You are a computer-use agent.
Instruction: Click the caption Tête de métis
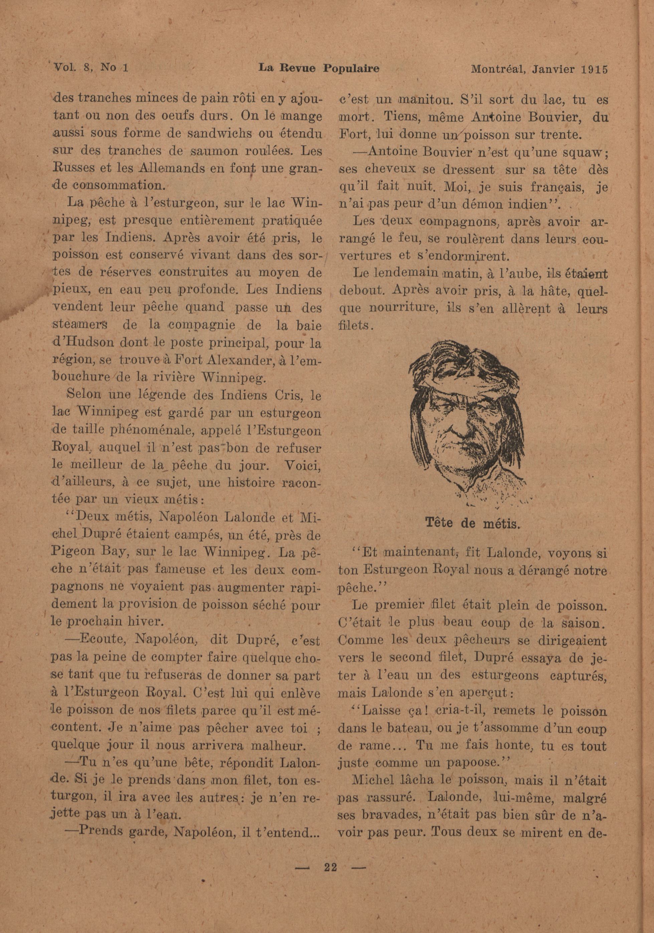pos(473,523)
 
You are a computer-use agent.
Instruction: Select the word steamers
pos(80,326)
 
